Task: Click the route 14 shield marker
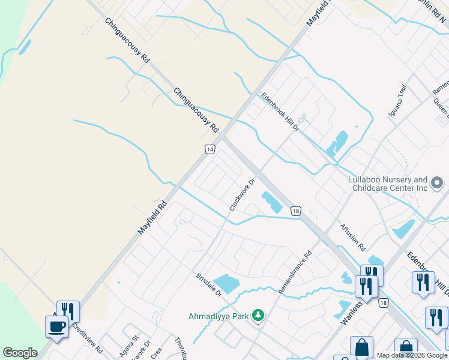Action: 209,149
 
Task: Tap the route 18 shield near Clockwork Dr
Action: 295,211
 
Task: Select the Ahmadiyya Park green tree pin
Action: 258,315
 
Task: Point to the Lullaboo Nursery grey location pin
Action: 438,181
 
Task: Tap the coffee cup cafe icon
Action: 57,327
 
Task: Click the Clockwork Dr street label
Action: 243,194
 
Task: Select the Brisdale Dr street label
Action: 209,285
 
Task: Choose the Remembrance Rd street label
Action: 296,272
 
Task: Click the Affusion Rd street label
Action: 352,237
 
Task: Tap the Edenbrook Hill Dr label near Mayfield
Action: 279,112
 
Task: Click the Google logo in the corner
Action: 20,353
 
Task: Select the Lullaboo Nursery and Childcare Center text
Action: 388,184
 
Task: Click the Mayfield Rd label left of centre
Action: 152,209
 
